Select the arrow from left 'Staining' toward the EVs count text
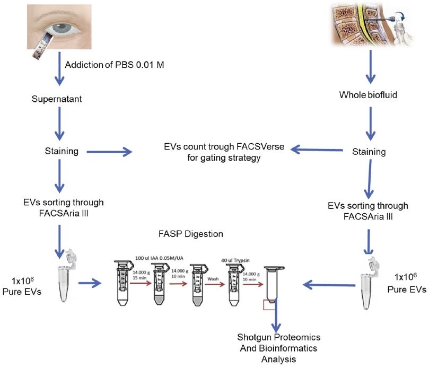tap(109, 153)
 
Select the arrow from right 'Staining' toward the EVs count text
tap(318, 151)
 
